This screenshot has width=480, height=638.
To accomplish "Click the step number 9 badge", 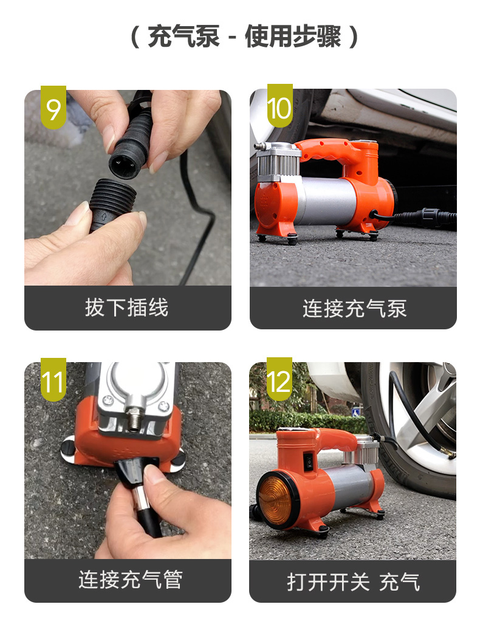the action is [53, 107].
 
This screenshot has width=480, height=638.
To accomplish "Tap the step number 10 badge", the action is [280, 106].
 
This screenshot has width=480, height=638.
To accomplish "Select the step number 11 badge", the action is [53, 380].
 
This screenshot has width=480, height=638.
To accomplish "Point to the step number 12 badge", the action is [279, 379].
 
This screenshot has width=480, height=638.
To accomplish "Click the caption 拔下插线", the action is [126, 307].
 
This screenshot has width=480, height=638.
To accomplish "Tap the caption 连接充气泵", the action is [354, 308].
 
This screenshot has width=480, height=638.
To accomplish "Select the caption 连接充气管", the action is [131, 580].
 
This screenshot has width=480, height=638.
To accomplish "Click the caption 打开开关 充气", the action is [353, 582].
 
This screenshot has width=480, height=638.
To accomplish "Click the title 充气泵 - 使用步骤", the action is [244, 36].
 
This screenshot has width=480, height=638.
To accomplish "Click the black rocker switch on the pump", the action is [309, 462].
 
